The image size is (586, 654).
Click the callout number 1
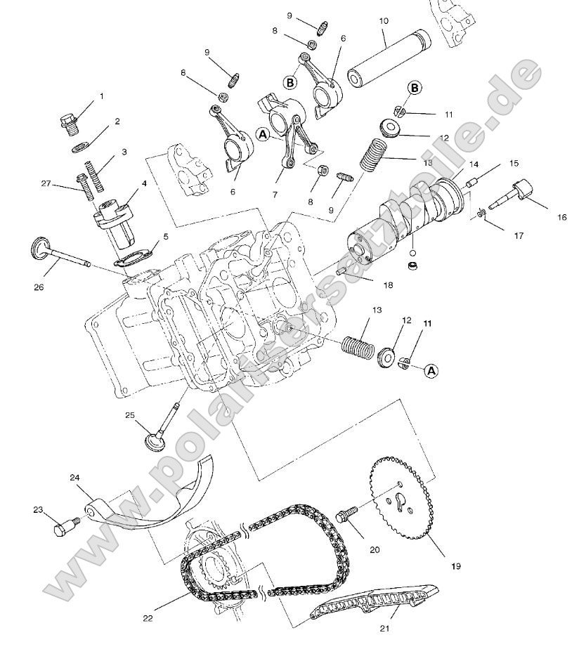100,96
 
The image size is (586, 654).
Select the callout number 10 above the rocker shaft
383,20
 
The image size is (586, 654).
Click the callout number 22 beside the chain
148,618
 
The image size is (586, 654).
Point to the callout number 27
46,183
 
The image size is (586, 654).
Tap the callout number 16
561,218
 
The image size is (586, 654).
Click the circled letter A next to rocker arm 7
263,133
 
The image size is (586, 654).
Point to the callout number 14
473,164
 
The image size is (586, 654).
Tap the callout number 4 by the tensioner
143,183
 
